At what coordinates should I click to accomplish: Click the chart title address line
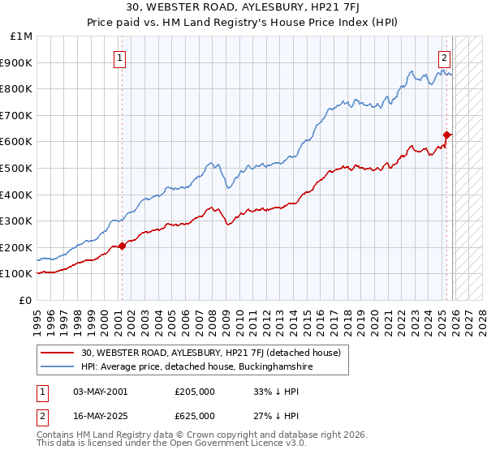[243, 8]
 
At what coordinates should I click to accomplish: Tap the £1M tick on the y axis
[22, 36]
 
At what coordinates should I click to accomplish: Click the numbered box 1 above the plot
[120, 58]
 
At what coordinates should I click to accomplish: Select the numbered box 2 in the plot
[445, 58]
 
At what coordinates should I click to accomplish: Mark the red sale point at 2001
[123, 246]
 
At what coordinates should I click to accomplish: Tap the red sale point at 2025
[446, 135]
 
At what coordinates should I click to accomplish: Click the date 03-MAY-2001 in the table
[101, 392]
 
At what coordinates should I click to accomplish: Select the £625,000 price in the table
[195, 415]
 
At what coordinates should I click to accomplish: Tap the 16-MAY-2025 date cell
[101, 415]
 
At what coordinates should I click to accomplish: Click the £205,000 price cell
[195, 392]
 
